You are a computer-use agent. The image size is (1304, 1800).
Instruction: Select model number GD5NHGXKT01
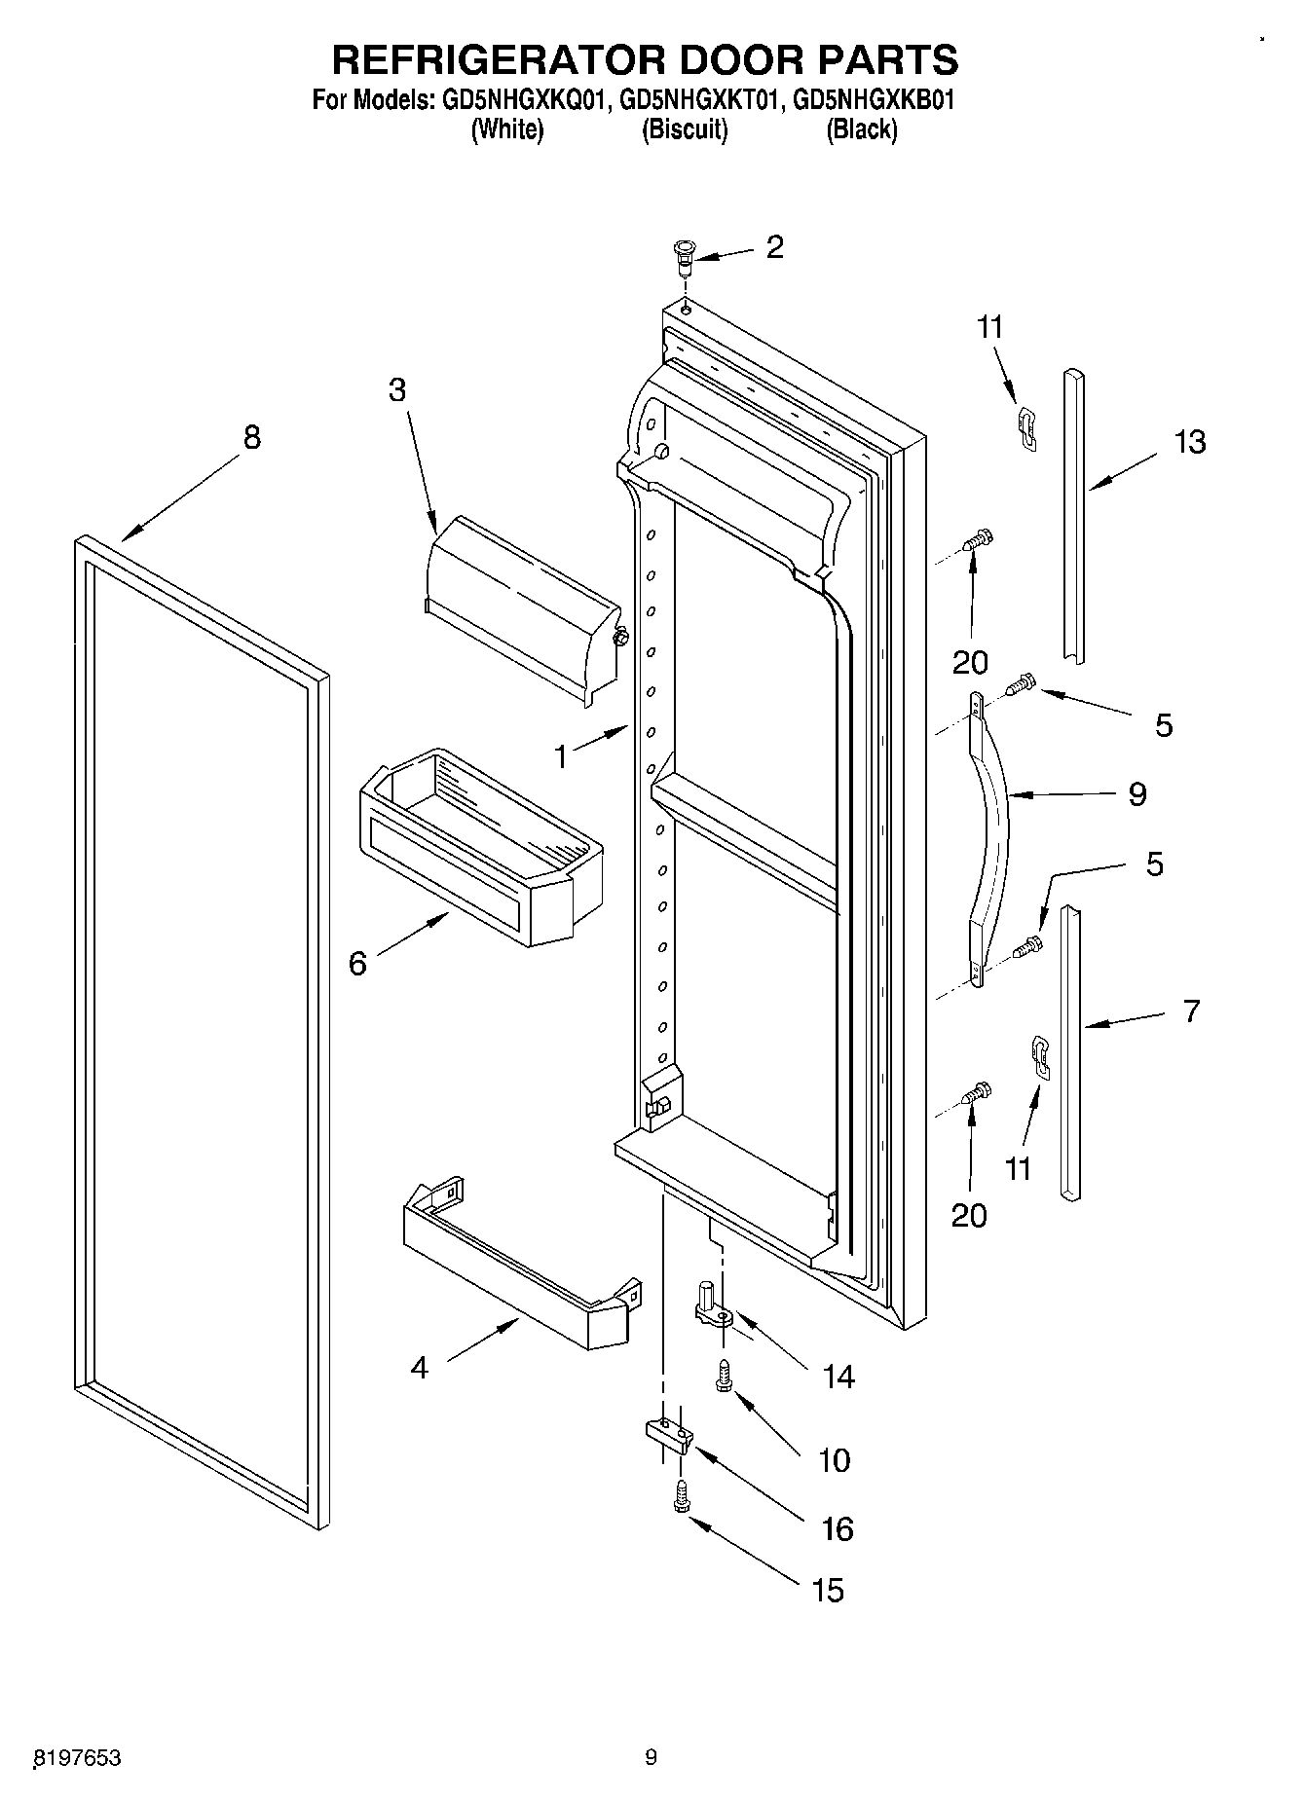coord(698,100)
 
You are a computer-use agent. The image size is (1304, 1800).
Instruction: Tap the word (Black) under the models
coord(861,129)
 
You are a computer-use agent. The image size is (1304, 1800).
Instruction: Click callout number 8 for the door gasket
coord(251,438)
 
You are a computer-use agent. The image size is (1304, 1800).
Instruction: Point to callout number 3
coord(396,389)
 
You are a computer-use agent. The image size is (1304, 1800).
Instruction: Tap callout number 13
coord(1189,442)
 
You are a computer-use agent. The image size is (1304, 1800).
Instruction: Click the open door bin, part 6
coord(482,847)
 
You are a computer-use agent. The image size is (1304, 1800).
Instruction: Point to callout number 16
coord(838,1529)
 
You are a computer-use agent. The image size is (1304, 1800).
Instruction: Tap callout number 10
coord(835,1459)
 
